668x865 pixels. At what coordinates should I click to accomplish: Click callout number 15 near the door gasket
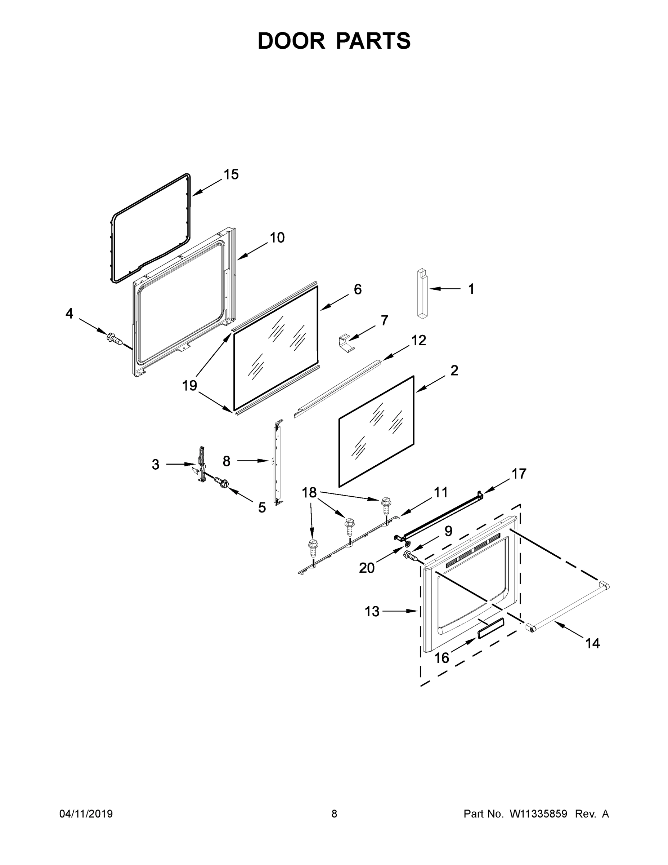[x=231, y=175]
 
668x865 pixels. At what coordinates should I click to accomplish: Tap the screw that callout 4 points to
[x=115, y=339]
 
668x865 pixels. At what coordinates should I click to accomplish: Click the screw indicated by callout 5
[x=223, y=483]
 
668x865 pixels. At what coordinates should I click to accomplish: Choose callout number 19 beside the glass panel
[x=189, y=385]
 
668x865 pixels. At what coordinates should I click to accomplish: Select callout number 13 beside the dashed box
[x=372, y=612]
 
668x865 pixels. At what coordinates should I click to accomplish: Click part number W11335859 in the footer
[x=538, y=813]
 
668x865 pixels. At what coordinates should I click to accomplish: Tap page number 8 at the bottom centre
[x=334, y=813]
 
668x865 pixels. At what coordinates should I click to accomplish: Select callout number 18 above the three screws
[x=309, y=492]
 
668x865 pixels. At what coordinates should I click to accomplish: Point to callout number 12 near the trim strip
[x=418, y=340]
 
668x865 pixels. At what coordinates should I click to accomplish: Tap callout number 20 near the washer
[x=367, y=568]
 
